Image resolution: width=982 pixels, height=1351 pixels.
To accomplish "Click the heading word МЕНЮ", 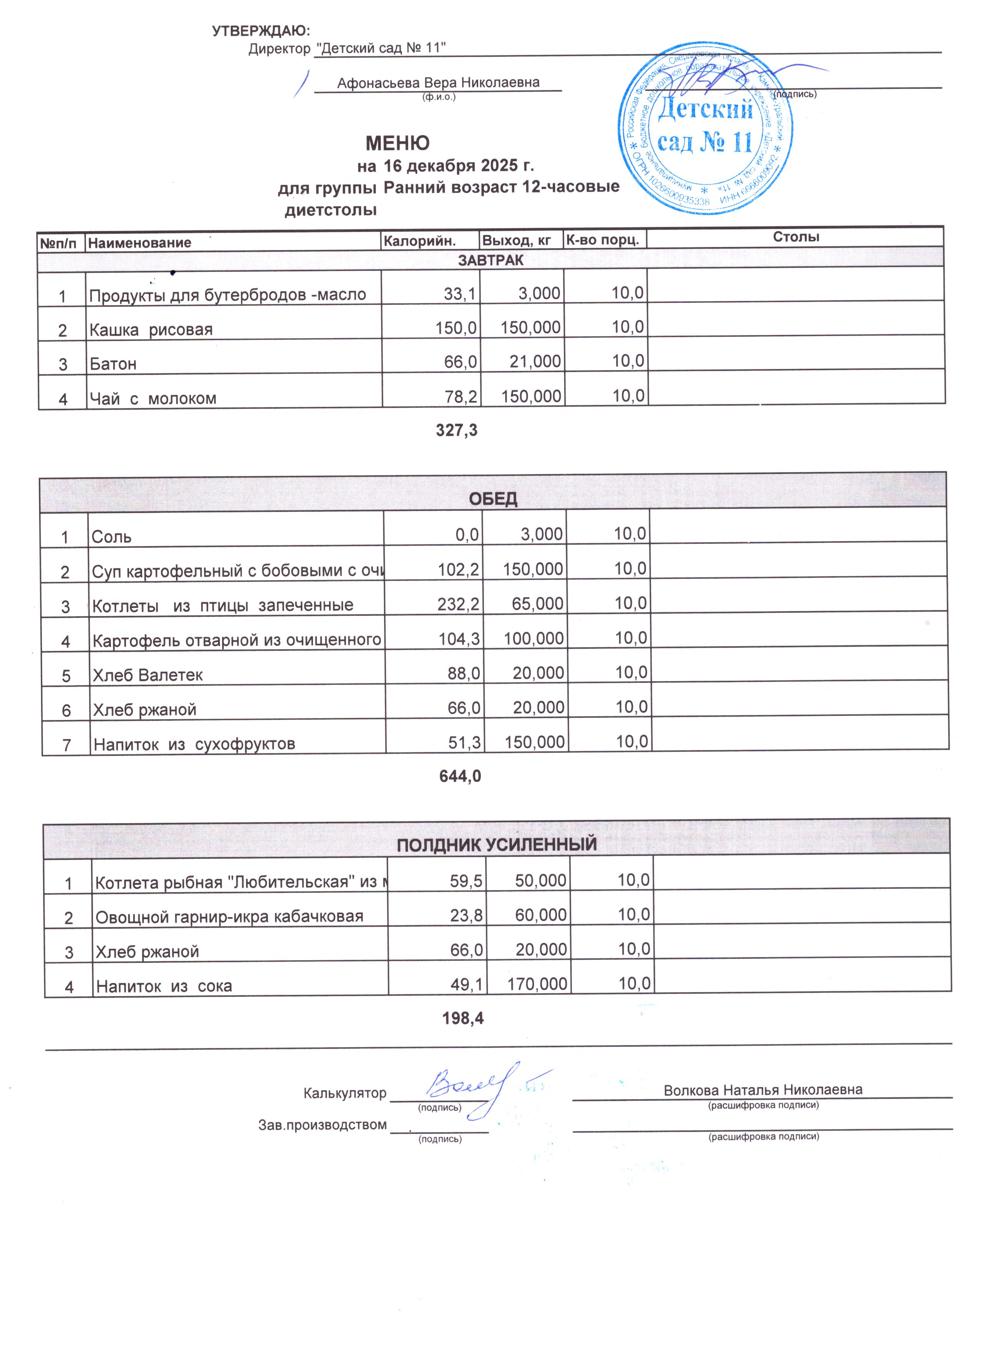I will [397, 143].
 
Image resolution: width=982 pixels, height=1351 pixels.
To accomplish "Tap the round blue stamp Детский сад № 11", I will [706, 129].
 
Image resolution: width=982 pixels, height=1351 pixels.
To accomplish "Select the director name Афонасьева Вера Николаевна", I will [438, 83].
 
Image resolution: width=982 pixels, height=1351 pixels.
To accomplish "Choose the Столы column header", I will [796, 237].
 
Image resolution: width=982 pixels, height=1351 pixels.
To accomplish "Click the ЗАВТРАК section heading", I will [491, 260].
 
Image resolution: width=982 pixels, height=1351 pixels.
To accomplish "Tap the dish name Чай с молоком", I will [153, 398].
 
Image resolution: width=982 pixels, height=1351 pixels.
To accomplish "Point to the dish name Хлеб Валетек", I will [148, 675].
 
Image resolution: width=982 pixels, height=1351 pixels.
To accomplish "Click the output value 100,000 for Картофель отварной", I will [534, 639].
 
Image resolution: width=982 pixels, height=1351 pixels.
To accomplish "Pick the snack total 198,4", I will [463, 1018].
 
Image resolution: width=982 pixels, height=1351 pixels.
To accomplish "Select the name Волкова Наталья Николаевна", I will [763, 1090].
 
